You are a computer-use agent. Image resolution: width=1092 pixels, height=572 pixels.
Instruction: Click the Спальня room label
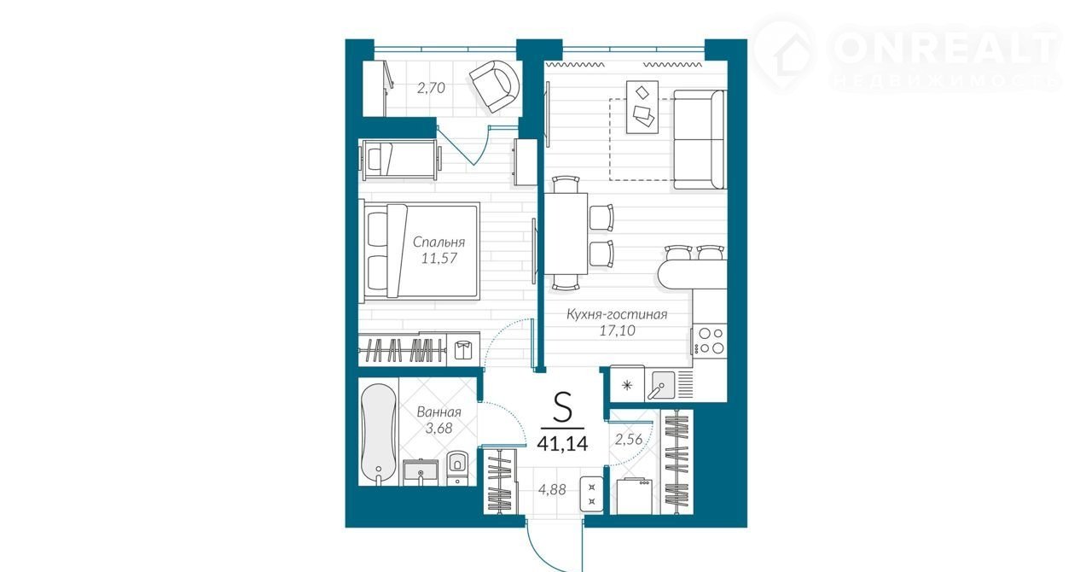439,242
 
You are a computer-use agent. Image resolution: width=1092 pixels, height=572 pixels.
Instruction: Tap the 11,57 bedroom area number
439,258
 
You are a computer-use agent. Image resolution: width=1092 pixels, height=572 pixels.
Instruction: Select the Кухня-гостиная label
617,314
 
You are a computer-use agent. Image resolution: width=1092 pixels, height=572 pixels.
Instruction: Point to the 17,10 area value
617,330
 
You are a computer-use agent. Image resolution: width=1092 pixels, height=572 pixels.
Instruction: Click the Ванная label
439,411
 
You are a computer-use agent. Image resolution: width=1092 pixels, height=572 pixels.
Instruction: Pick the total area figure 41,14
562,444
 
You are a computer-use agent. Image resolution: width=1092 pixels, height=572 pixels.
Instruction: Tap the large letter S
562,407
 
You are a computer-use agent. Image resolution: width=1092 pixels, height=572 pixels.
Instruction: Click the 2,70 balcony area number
431,88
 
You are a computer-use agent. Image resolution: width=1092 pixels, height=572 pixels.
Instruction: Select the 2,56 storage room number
629,440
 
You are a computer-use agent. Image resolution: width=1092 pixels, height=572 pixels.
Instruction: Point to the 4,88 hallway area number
552,489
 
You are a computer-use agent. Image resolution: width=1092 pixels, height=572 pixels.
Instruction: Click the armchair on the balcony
494,86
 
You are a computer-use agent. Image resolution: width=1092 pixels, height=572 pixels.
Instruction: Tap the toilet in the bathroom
456,468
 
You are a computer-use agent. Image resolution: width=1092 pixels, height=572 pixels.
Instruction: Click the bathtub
378,435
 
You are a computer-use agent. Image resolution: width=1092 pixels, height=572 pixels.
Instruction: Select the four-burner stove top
710,341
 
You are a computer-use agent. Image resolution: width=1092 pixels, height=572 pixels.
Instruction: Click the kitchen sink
661,384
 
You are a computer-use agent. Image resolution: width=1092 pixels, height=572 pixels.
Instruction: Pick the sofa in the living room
700,139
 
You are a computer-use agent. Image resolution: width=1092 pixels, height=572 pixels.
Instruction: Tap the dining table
566,233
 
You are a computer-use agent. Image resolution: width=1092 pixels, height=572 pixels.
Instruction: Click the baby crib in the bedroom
400,160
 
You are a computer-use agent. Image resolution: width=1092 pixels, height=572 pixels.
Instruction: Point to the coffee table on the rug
642,108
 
